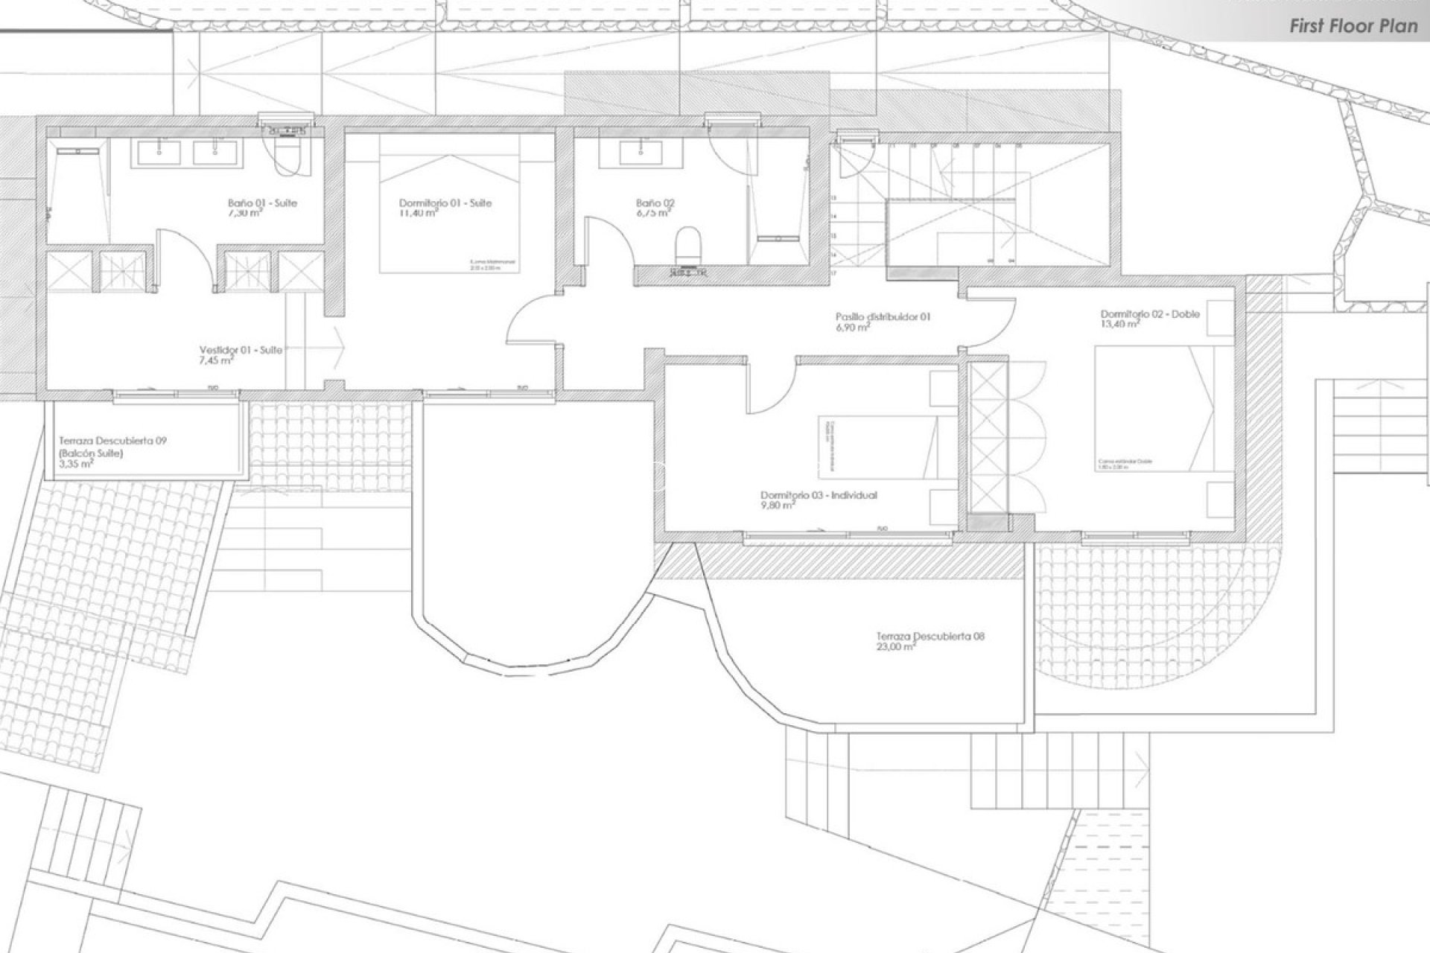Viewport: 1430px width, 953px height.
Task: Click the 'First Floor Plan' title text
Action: (1353, 26)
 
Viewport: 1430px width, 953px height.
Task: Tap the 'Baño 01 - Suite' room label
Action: (262, 203)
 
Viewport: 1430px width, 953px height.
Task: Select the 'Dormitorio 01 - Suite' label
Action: (445, 203)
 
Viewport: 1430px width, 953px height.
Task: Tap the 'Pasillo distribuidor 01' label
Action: (883, 316)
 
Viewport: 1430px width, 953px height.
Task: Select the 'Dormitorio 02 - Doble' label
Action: (1150, 314)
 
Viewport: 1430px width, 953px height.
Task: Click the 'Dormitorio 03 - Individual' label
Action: (819, 495)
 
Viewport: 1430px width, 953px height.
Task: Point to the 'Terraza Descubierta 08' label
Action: (930, 637)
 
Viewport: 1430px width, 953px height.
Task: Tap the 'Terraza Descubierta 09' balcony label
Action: (112, 441)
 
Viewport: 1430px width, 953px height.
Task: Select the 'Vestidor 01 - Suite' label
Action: (241, 350)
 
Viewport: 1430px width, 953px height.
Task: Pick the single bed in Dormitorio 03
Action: (875, 447)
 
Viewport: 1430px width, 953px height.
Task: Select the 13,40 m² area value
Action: (1119, 325)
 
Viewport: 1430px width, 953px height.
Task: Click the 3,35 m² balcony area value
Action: (76, 463)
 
